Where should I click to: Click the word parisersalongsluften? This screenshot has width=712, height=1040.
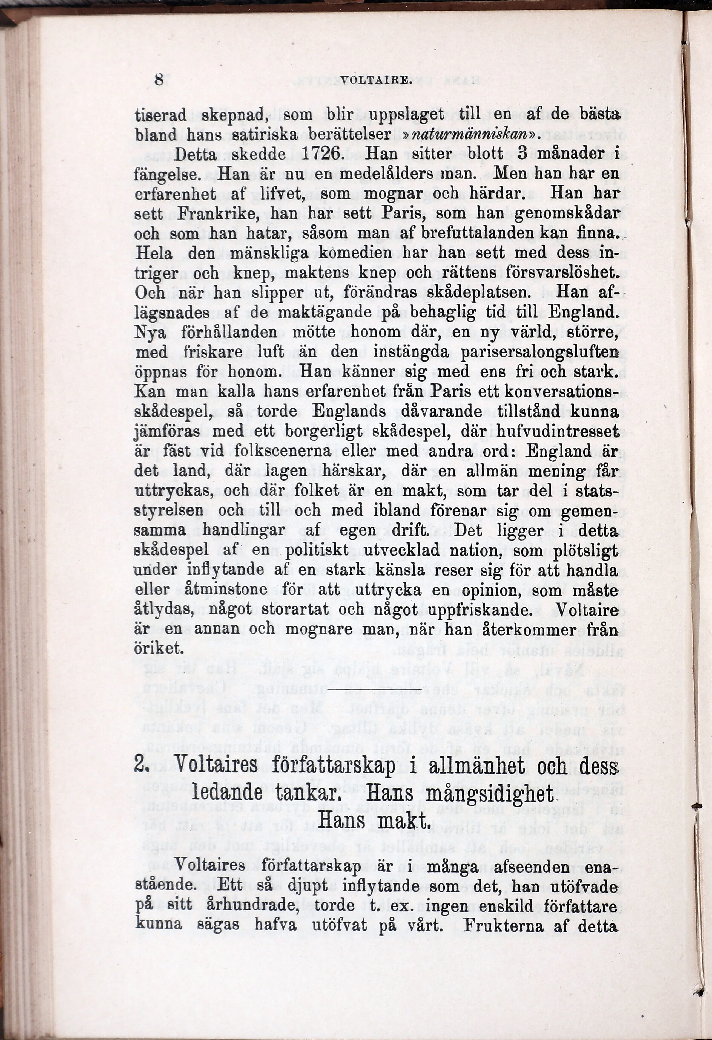[541, 352]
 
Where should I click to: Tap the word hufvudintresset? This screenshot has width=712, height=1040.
[558, 431]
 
